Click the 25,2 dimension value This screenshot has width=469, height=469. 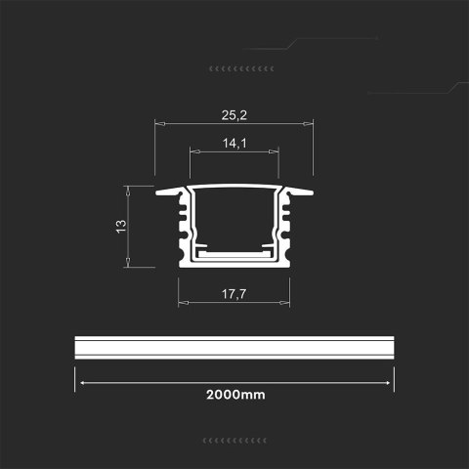[x=234, y=115]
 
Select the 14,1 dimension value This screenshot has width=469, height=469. [x=234, y=143]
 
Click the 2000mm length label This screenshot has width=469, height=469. [x=234, y=396]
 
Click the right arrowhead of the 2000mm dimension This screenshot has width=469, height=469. [x=390, y=382]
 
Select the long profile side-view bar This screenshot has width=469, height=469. [x=234, y=349]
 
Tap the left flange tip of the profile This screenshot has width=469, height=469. [x=159, y=192]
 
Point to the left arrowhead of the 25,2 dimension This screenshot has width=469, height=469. [x=159, y=124]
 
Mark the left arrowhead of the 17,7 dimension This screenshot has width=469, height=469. [x=181, y=301]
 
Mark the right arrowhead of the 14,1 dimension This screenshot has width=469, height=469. [x=277, y=152]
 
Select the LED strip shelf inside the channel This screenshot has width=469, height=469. [x=234, y=252]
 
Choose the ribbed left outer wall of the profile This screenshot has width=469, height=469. [x=182, y=230]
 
